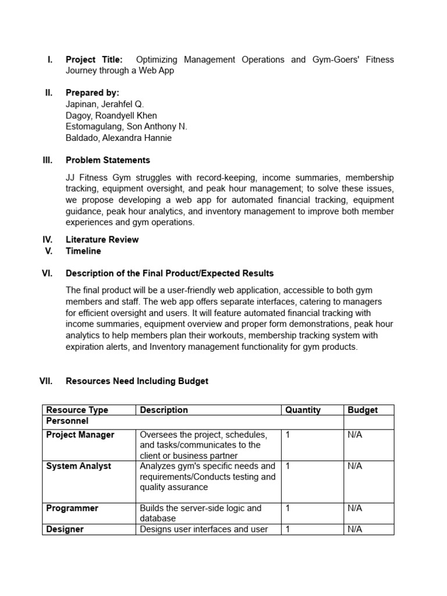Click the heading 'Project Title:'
click(x=94, y=59)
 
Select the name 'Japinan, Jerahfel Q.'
click(x=104, y=104)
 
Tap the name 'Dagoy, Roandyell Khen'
click(x=111, y=115)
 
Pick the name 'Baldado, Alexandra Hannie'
click(x=119, y=138)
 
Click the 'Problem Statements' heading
click(x=108, y=160)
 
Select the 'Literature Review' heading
click(x=102, y=239)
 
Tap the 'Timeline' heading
click(x=83, y=251)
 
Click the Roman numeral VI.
click(x=48, y=274)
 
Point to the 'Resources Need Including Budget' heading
click(x=137, y=381)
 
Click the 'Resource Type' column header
click(x=77, y=410)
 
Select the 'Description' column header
click(x=164, y=410)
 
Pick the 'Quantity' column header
click(x=303, y=410)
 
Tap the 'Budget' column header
click(x=363, y=410)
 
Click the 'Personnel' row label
click(x=68, y=420)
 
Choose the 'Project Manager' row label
click(x=80, y=435)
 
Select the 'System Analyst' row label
click(x=79, y=466)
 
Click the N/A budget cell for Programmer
click(x=354, y=508)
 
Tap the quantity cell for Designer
click(x=287, y=529)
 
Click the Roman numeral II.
click(x=49, y=93)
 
